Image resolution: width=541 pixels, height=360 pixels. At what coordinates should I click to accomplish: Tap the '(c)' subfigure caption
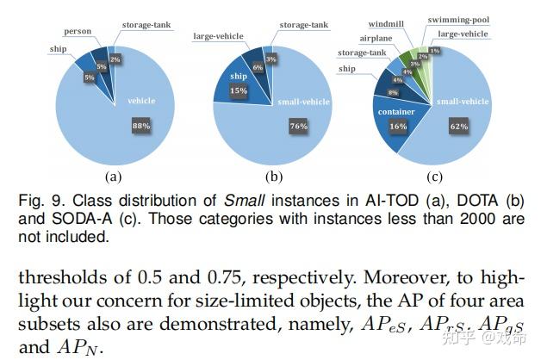[x=434, y=177]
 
